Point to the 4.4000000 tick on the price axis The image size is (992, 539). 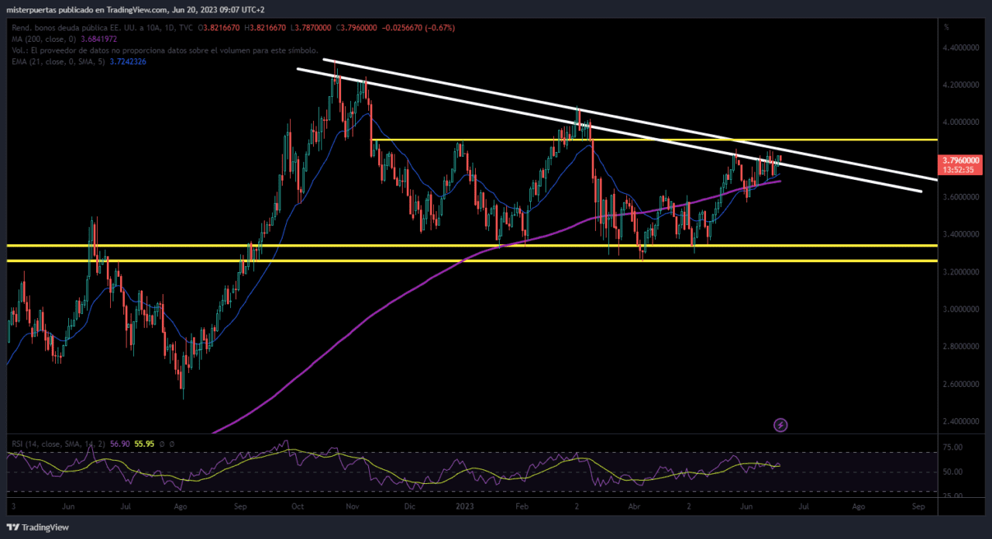click(x=960, y=47)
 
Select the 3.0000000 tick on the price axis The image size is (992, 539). click(x=960, y=309)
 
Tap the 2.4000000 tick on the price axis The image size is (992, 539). click(x=960, y=421)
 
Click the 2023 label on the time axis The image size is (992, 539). click(x=465, y=506)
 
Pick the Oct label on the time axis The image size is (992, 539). click(x=298, y=506)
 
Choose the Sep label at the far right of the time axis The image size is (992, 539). click(x=918, y=506)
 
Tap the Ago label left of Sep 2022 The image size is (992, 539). click(x=181, y=506)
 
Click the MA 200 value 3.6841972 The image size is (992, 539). click(x=98, y=39)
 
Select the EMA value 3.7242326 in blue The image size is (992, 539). click(x=128, y=61)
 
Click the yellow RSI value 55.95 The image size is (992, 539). click(x=144, y=444)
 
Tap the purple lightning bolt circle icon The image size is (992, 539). click(x=780, y=425)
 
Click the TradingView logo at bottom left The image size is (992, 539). click(x=38, y=527)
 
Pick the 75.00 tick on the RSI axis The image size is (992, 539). click(x=952, y=447)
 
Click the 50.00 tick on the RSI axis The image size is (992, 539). click(x=952, y=472)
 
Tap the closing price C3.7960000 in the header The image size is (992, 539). click(x=356, y=27)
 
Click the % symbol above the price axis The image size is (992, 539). click(x=946, y=27)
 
